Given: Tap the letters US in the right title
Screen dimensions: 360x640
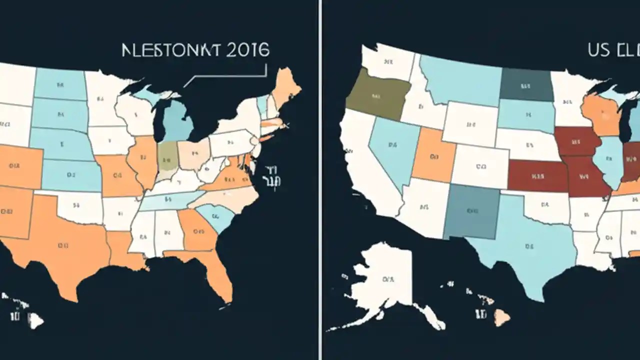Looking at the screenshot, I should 599,50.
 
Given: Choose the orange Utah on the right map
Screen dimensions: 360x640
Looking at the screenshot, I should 433,155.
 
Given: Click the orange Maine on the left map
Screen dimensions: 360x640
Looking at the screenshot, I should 286,85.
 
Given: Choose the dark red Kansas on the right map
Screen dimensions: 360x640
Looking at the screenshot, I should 537,176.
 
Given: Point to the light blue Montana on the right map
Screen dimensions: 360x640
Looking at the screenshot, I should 460,80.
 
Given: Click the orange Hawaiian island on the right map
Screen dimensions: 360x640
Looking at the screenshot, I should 502,316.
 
